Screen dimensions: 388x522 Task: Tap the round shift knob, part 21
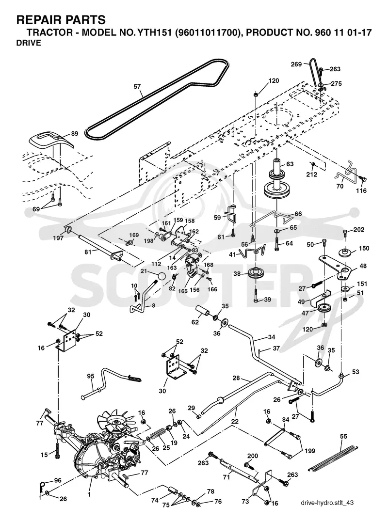pos(162,277)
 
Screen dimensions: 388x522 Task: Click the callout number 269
pos(296,64)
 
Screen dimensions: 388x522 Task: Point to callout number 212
pos(312,174)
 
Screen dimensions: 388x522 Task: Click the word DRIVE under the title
pos(29,43)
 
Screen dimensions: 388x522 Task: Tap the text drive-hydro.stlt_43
pos(327,503)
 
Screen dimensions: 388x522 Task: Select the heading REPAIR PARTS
pos(61,20)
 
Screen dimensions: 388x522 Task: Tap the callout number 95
pos(91,376)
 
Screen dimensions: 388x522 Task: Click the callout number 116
pos(361,190)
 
